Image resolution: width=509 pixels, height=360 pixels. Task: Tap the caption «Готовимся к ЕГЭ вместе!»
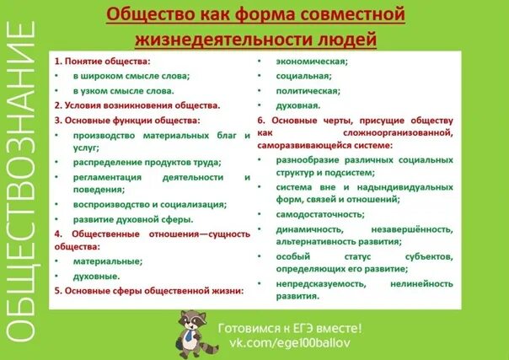point(289,328)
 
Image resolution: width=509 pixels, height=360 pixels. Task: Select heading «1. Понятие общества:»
point(103,62)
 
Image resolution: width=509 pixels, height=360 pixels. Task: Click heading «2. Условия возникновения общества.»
point(137,105)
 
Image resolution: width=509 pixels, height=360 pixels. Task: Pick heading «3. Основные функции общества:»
point(126,121)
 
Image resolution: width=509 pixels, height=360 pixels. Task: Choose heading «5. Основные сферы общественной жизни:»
point(148,291)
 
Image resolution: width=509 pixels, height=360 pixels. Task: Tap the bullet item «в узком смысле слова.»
point(123,90)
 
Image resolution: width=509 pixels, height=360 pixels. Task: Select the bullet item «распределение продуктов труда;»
point(135,162)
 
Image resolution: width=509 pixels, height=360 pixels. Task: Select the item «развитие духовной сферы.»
point(133,218)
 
